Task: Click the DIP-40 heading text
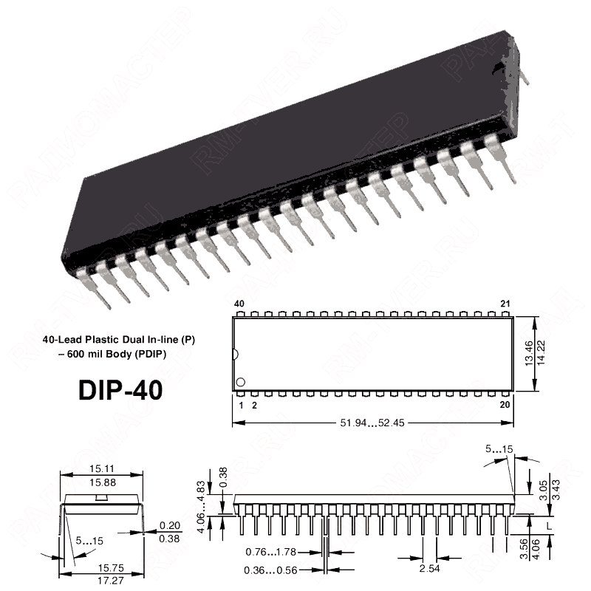click(x=120, y=389)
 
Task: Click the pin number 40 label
click(x=239, y=304)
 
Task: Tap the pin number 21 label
click(x=505, y=304)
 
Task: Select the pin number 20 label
click(x=505, y=405)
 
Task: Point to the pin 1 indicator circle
click(x=240, y=383)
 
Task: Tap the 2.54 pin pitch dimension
click(x=429, y=568)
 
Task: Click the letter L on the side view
click(x=547, y=525)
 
